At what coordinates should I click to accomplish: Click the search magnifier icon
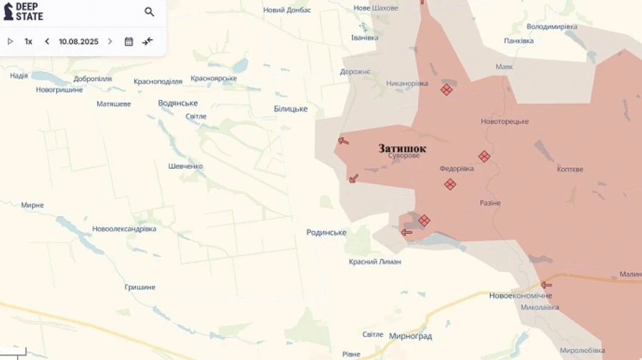point(149,12)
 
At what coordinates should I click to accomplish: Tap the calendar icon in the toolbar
point(128,41)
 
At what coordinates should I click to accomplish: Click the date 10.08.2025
point(78,41)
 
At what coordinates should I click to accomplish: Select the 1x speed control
point(29,41)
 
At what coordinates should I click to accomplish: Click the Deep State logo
point(24,11)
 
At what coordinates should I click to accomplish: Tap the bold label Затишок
point(402,149)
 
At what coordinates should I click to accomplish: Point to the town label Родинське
point(326,232)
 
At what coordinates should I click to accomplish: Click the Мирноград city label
point(410,336)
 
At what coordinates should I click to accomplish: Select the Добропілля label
point(92,79)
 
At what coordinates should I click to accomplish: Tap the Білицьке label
point(290,109)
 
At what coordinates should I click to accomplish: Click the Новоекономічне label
point(521,295)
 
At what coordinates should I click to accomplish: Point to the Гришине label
point(140,287)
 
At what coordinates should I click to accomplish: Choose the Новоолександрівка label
point(124,229)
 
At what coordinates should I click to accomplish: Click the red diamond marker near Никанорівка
point(446,90)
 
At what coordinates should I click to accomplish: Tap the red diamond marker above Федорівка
point(484,156)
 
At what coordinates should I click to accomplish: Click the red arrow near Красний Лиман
point(407,232)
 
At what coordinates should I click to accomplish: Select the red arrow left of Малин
point(546,285)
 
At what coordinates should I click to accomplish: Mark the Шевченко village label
point(185,166)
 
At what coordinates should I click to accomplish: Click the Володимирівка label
point(551,26)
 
